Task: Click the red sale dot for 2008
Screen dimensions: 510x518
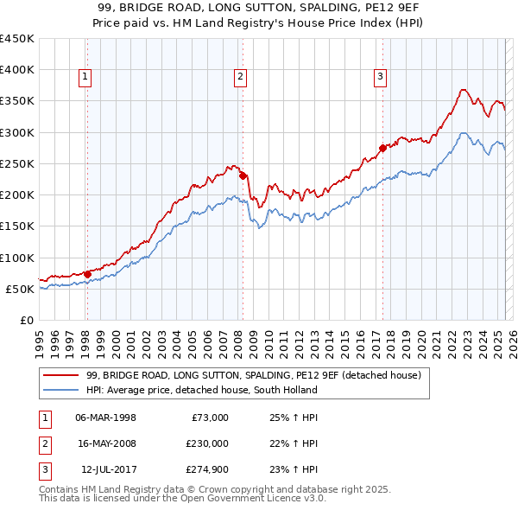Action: pyautogui.click(x=243, y=175)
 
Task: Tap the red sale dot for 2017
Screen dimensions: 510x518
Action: pyautogui.click(x=382, y=148)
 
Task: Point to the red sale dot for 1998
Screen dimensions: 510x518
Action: pyautogui.click(x=87, y=274)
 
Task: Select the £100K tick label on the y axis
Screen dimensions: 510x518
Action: pyautogui.click(x=17, y=258)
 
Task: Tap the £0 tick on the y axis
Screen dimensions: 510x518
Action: pyautogui.click(x=26, y=320)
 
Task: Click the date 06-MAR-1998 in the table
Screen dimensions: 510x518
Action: pyautogui.click(x=106, y=417)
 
